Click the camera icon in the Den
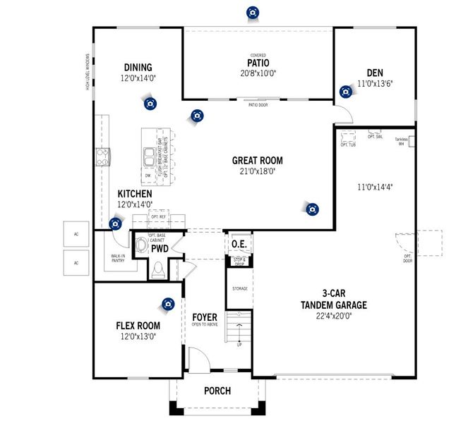[345, 91]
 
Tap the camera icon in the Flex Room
[167, 304]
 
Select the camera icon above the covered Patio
[252, 12]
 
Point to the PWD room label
[160, 249]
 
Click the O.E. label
[238, 245]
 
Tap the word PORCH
[217, 391]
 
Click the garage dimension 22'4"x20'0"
[334, 316]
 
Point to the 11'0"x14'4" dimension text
[374, 188]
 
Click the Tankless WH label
[402, 141]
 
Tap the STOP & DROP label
[239, 261]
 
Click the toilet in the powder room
[158, 269]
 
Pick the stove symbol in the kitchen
[103, 157]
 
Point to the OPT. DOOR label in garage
[407, 259]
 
